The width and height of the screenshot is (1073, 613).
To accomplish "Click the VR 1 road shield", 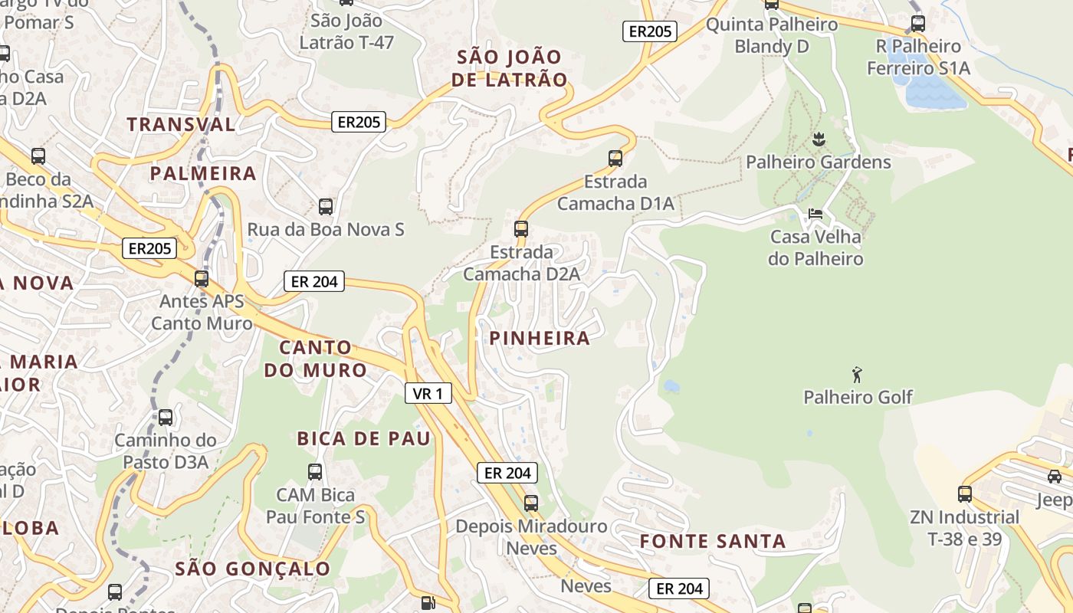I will [x=428, y=394].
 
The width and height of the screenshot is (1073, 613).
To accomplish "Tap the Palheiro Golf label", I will [x=858, y=397].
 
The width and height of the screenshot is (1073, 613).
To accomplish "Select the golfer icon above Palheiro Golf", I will [x=857, y=375].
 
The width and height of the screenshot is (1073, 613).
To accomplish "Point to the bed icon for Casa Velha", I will [x=815, y=214].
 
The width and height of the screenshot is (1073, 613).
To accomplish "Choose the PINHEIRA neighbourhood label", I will [x=540, y=338].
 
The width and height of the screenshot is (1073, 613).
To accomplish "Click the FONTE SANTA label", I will [x=713, y=541].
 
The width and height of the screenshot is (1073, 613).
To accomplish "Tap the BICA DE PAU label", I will [x=364, y=438].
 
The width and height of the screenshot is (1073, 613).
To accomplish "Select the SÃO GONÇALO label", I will [x=253, y=569].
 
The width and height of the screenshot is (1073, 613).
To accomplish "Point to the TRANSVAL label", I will [x=181, y=124].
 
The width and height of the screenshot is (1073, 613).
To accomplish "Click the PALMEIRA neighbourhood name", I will [x=203, y=173].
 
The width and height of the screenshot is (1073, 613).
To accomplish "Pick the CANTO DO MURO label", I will [x=315, y=359].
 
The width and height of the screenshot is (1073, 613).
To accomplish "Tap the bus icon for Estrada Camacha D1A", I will [x=615, y=159].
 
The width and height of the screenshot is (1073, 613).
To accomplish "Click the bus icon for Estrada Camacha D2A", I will [x=521, y=228].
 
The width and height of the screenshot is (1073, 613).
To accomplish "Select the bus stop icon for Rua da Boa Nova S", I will [x=326, y=206].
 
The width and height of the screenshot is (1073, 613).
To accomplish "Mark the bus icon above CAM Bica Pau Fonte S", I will [x=315, y=471].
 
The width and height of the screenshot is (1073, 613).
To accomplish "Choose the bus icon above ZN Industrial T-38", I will [x=965, y=494].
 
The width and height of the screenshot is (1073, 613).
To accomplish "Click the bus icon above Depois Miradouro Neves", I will [x=530, y=503].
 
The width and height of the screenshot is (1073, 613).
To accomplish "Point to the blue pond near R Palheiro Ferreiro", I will [x=930, y=86].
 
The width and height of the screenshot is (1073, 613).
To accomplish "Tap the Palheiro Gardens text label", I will [x=819, y=162].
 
